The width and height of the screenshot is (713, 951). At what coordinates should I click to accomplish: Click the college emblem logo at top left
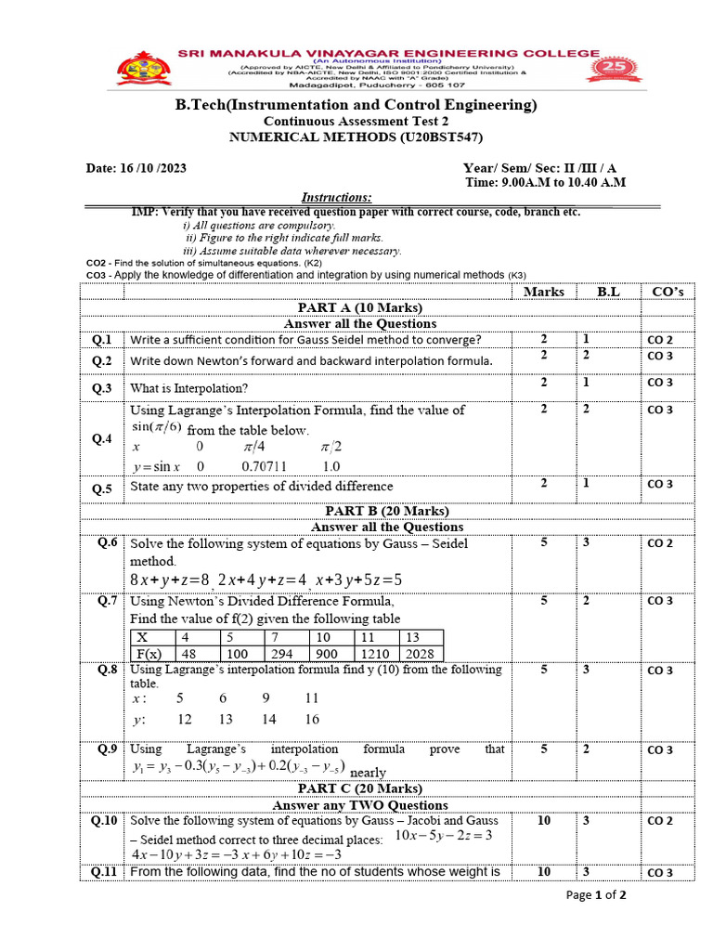[x=142, y=69]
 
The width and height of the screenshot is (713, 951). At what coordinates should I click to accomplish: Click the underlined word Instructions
[x=337, y=197]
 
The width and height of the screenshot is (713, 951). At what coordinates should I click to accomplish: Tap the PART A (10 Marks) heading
[x=359, y=307]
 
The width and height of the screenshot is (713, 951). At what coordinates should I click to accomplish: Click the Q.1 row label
[x=102, y=340]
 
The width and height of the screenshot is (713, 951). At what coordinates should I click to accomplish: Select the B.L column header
[x=608, y=292]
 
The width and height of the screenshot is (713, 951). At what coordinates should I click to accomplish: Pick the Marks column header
[x=543, y=292]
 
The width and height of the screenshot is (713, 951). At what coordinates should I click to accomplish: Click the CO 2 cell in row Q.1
[x=660, y=340]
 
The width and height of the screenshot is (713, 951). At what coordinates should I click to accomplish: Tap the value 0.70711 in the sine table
[x=264, y=466]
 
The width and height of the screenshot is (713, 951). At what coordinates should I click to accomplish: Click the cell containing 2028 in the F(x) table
[x=420, y=654]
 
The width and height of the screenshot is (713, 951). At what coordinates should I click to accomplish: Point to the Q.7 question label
[x=108, y=601]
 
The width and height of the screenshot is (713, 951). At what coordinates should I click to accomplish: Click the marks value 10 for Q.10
[x=543, y=821]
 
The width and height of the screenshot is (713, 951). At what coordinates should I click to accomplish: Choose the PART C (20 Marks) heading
[x=359, y=789]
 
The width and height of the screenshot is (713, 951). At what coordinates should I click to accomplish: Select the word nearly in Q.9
[x=369, y=773]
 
